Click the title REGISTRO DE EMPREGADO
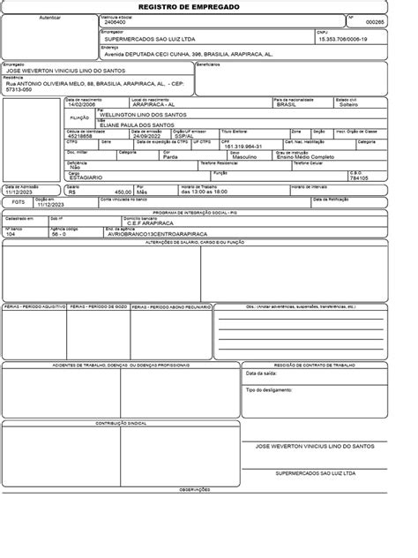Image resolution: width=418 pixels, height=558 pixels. (208, 6)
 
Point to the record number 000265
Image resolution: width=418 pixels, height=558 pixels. (376, 23)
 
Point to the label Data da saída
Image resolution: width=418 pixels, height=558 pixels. (263, 373)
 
